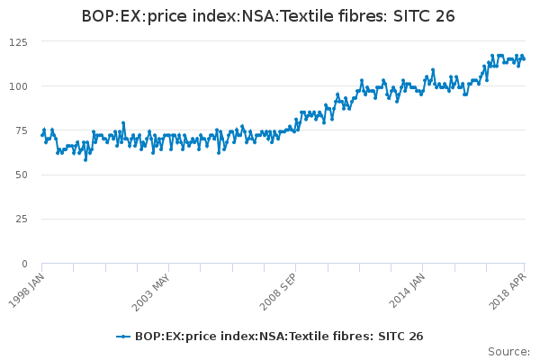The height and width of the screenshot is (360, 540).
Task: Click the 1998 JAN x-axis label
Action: tap(24, 288)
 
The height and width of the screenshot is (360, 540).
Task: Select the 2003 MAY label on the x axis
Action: tap(151, 288)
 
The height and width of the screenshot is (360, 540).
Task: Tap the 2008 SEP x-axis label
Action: tap(278, 288)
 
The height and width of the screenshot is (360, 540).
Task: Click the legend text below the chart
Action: tap(279, 337)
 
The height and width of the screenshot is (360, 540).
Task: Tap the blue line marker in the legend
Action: tap(123, 337)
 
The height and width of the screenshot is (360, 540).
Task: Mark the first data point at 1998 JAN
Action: tap(42, 135)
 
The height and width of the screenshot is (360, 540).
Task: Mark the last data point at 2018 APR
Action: tap(524, 59)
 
